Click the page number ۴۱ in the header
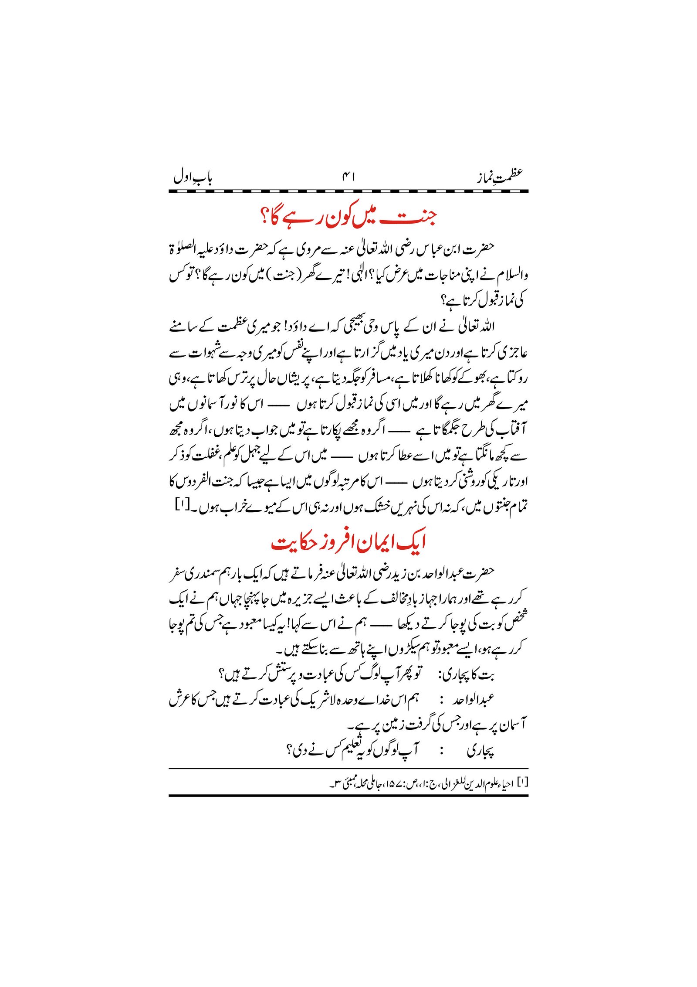348,177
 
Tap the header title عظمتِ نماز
499,177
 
